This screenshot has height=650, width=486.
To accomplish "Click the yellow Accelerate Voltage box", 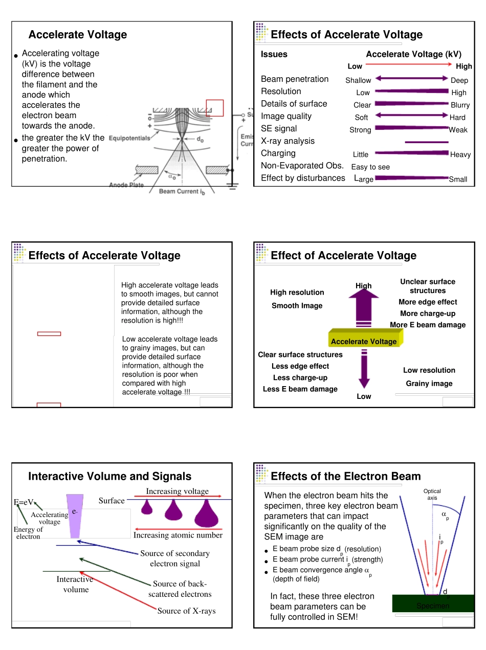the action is coord(365,338).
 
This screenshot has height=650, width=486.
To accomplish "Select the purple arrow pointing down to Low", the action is coord(364,369).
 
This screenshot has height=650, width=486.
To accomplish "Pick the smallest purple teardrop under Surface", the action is coord(147,507).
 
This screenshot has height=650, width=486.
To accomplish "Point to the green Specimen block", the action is coord(433,603).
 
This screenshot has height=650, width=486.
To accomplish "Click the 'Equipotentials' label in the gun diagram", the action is coord(129,138).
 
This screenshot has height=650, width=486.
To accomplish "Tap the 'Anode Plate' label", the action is coord(126,185).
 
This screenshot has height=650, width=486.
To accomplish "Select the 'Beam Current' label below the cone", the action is coord(182,192).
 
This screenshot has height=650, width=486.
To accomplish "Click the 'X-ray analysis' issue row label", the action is coord(288,141).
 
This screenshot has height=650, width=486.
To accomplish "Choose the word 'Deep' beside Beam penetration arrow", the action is coord(459,80).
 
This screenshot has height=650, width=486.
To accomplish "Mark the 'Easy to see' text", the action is coord(370,167).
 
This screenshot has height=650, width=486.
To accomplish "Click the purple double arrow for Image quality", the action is coord(411,115).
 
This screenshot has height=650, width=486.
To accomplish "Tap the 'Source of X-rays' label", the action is coord(186,611).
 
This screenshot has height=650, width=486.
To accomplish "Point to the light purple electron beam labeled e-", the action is coord(75,516).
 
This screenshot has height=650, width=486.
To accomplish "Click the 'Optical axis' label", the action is coord(432,494).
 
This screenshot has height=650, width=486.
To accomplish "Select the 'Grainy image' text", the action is coord(429,384).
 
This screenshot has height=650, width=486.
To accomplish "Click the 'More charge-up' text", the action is coord(428,313).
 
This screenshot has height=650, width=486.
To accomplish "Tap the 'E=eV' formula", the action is coord(24,502).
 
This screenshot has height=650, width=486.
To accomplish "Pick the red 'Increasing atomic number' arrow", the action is coord(179,529).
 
